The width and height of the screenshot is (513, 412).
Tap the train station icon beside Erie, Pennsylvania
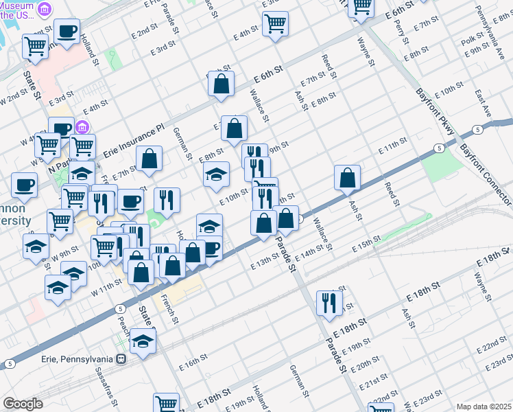point(121,358)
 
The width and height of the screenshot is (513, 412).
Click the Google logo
point(23,404)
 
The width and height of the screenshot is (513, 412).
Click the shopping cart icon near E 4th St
point(275,24)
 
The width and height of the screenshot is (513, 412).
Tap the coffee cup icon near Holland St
point(67,32)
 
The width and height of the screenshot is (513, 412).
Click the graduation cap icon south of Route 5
point(143,342)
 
